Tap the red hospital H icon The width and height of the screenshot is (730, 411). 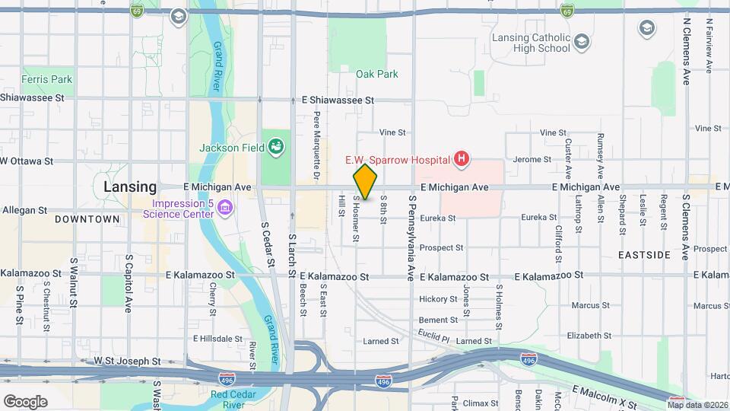click(x=460, y=159)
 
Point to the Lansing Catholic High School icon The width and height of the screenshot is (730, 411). click(x=582, y=41)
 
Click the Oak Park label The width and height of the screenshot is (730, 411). click(x=376, y=75)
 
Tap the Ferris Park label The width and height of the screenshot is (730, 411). click(x=46, y=79)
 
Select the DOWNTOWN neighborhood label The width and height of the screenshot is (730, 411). click(x=87, y=219)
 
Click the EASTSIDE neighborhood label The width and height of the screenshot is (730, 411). click(x=644, y=254)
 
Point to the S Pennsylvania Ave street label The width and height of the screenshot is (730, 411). click(x=411, y=236)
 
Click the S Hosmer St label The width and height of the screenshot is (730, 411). click(x=355, y=219)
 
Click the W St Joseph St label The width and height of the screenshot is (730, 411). click(x=127, y=362)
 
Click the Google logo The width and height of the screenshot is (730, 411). click(x=25, y=401)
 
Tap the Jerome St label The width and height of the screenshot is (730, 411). click(x=532, y=160)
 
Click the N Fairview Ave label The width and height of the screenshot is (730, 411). click(x=709, y=46)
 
